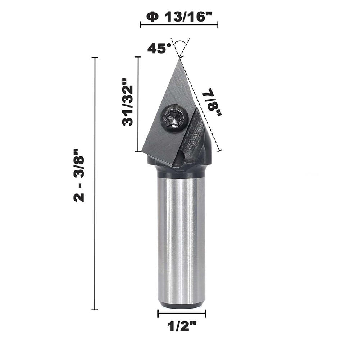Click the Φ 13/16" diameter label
coord(179,17)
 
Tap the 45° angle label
coord(159,48)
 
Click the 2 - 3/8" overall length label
coord(79,175)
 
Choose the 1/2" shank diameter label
coord(182,327)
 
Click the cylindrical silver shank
coord(182,237)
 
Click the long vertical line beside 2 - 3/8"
coord(95,183)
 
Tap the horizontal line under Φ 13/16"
coord(179,25)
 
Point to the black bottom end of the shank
coord(182,305)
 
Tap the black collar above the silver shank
coord(180,170)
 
